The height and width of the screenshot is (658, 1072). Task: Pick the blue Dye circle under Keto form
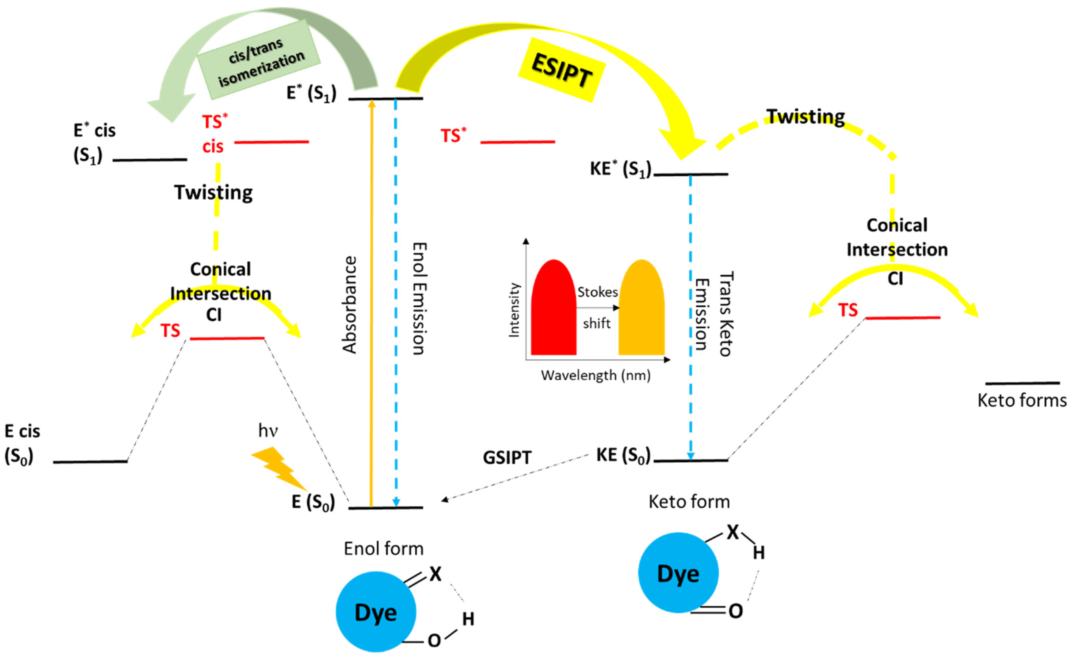(678, 573)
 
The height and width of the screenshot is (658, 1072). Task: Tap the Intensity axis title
(514, 310)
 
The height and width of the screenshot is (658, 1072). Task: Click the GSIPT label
(507, 458)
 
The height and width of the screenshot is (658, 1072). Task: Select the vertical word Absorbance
(349, 305)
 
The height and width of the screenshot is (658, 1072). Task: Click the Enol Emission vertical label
(418, 299)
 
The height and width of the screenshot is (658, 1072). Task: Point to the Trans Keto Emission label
(714, 314)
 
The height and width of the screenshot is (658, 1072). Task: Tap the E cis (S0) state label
(22, 444)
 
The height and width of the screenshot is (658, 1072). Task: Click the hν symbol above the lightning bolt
(268, 431)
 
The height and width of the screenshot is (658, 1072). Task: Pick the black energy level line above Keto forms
(1022, 383)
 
